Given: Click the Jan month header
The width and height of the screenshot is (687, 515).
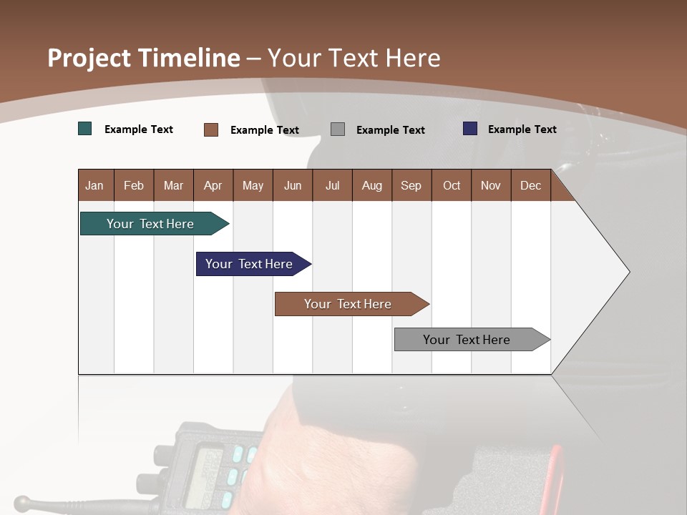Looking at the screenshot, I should pyautogui.click(x=94, y=185).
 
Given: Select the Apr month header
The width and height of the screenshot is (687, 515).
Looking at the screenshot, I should pyautogui.click(x=213, y=185).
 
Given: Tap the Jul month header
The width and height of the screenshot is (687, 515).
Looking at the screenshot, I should pyautogui.click(x=332, y=185).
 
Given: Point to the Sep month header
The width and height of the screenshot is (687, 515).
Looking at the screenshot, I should pyautogui.click(x=411, y=185).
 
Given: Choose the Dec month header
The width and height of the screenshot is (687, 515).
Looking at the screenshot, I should pyautogui.click(x=530, y=185).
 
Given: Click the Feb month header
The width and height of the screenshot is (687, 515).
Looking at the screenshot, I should pyautogui.click(x=134, y=185).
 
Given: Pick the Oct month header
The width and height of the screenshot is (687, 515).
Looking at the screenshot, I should pyautogui.click(x=452, y=185).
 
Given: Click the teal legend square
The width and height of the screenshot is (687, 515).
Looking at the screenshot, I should pyautogui.click(x=85, y=129).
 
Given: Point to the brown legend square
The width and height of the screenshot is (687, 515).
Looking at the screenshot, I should pyautogui.click(x=211, y=129).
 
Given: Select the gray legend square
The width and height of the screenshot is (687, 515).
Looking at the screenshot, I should pyautogui.click(x=338, y=129).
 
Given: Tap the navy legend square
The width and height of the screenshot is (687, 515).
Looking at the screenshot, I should pyautogui.click(x=470, y=129).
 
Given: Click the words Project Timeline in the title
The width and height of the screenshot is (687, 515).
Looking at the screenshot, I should pyautogui.click(x=143, y=58).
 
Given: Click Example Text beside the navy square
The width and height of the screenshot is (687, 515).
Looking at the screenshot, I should pyautogui.click(x=522, y=129).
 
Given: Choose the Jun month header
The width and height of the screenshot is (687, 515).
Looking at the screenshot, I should pyautogui.click(x=293, y=185).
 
